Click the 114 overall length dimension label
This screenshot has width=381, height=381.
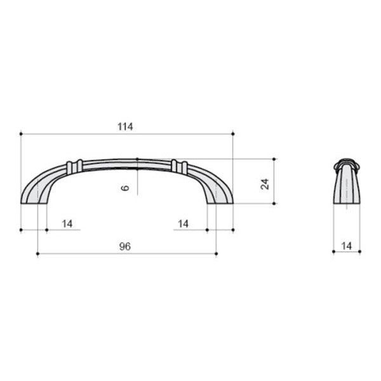[x=125, y=126]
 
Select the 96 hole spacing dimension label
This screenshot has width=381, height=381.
[x=125, y=246]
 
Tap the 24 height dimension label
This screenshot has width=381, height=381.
[x=265, y=184]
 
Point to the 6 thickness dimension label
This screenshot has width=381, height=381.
[x=125, y=188]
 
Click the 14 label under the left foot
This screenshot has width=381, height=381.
[x=67, y=224]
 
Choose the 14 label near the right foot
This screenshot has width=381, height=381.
[x=183, y=224]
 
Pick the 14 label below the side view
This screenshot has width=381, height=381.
[x=347, y=246]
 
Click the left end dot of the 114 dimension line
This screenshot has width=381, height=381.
[x=21, y=134]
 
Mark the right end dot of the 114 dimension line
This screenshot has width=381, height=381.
[x=233, y=134]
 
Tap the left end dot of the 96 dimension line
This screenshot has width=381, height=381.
[x=37, y=253]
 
